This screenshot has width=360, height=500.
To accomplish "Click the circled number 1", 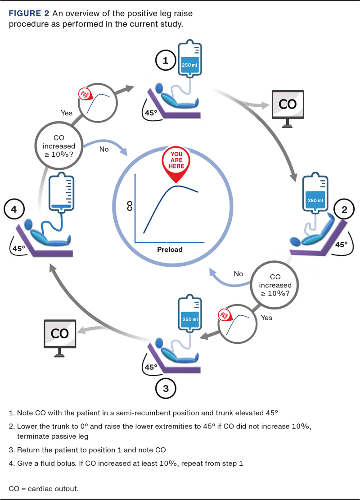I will click(x=166, y=61).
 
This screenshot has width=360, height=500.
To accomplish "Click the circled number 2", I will click(x=344, y=209).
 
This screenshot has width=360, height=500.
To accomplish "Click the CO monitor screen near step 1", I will click(x=288, y=104).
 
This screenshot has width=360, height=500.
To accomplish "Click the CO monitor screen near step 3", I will click(x=59, y=334).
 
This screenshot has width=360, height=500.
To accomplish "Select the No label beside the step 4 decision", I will click(x=104, y=149).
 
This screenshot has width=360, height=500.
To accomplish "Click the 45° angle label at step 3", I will click(x=151, y=367).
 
